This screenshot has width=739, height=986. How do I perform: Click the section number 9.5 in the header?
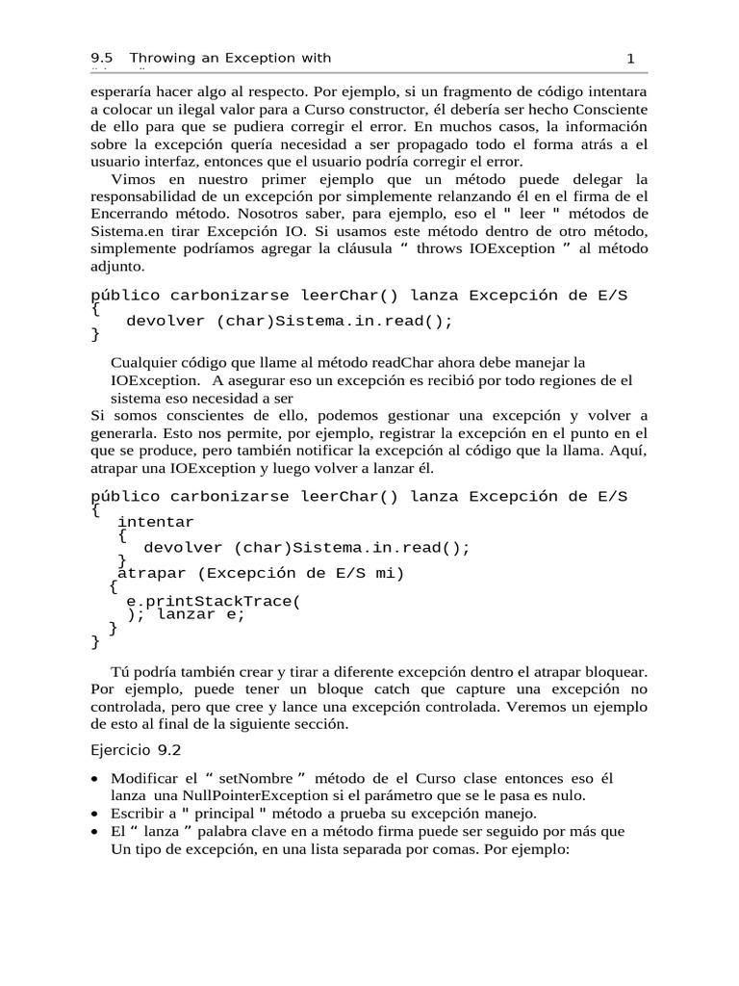(x=102, y=59)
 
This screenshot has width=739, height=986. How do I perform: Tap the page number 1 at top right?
(x=631, y=59)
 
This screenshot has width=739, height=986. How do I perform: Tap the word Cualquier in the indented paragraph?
(x=145, y=363)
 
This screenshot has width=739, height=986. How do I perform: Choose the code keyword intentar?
(x=155, y=522)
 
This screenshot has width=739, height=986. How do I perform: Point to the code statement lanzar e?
(x=201, y=615)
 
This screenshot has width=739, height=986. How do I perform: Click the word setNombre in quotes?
(x=252, y=778)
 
